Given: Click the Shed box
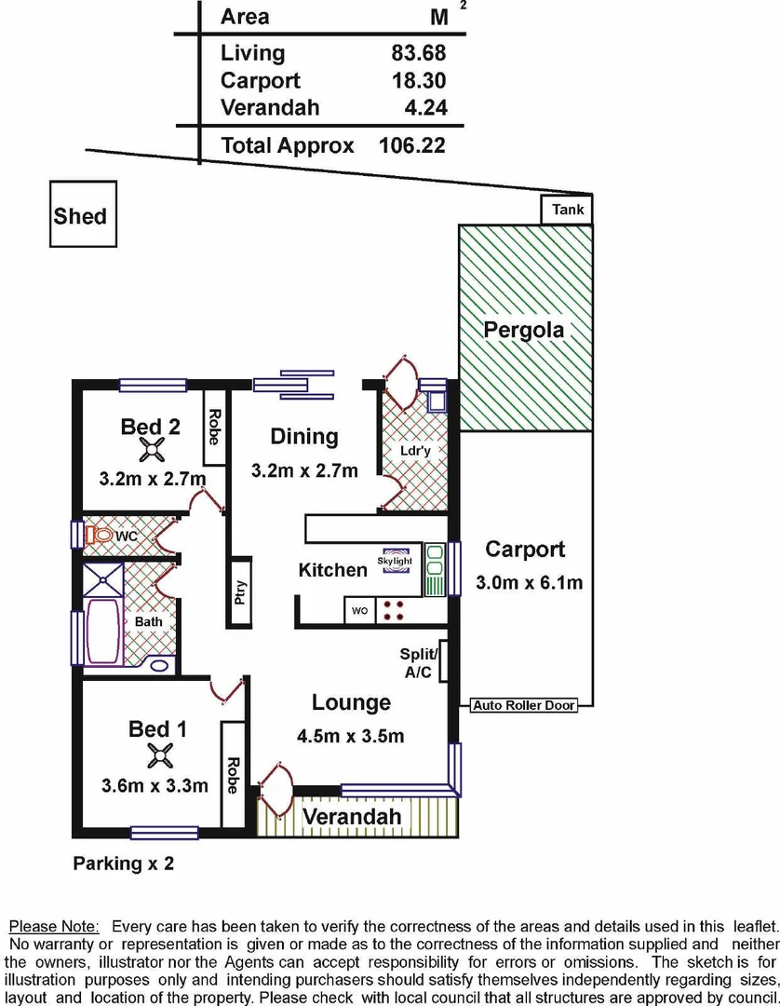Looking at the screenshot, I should tap(80, 216).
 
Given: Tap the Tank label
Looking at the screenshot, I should tap(568, 210).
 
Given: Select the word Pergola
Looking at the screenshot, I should tap(524, 330).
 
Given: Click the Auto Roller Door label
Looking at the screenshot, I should tap(524, 705).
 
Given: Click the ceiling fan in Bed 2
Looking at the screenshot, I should tap(152, 451).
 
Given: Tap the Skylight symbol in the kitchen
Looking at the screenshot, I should tap(395, 563).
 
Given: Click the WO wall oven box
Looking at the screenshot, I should tap(359, 612).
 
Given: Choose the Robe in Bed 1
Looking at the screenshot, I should tap(233, 773).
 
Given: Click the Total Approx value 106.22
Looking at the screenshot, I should tap(411, 145).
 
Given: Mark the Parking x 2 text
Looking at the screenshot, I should tap(124, 863).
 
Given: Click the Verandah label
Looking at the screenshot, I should tap(353, 817).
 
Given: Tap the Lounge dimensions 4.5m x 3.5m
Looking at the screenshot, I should tap(351, 736).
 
